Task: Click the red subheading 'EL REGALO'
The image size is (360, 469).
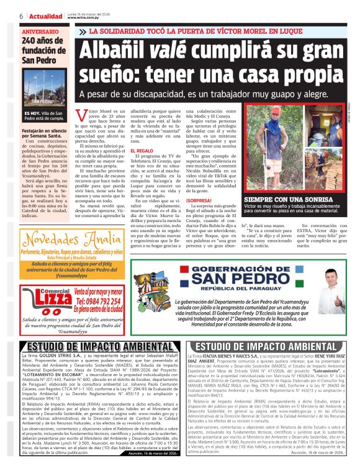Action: click(x=141, y=151)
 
